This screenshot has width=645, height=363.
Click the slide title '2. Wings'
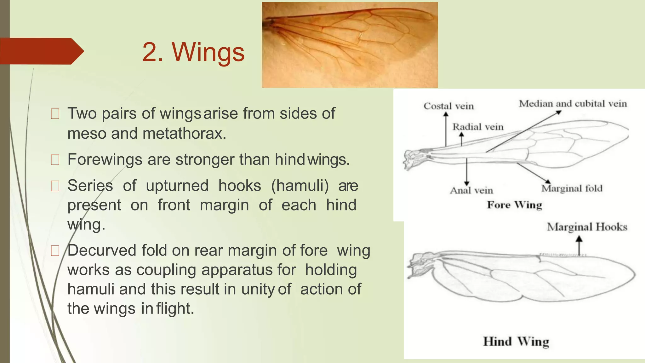[x=193, y=52]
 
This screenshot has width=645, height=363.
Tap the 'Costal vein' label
[x=448, y=106]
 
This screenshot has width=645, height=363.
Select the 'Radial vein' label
[x=478, y=127]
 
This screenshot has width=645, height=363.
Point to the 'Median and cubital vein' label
[x=573, y=103]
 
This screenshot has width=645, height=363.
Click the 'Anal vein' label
[x=471, y=190]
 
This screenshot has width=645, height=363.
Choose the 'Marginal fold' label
[x=572, y=188]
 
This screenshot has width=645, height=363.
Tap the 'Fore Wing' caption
[x=514, y=205]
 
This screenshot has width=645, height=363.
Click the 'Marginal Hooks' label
[x=587, y=227]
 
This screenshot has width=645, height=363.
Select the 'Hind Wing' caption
[x=516, y=342]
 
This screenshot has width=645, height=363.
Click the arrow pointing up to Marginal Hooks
[x=579, y=246]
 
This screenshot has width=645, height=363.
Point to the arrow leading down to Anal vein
[x=467, y=172]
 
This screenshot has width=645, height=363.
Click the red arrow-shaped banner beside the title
[x=41, y=51]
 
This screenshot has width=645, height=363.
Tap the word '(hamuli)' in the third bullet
[x=300, y=185]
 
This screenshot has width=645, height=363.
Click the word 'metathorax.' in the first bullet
[x=184, y=133]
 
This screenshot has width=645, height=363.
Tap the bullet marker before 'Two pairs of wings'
[x=55, y=114]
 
